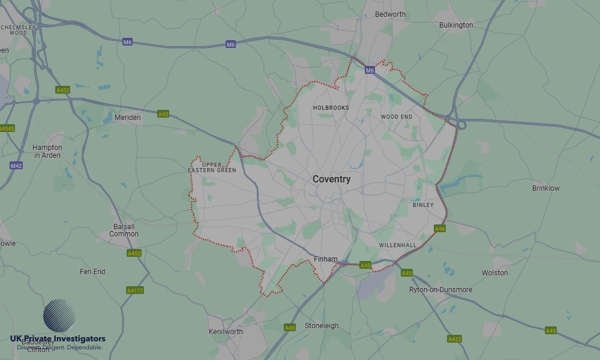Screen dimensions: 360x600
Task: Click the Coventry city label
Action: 331,179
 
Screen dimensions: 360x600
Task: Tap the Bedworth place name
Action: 390,14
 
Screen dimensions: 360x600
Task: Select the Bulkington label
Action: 456,25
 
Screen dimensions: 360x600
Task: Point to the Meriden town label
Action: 127,118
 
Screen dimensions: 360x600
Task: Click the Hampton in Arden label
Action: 47,151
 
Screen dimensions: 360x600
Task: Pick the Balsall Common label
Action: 124,230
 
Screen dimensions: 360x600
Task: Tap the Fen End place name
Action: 92,272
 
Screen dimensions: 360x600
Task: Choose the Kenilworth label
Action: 226,332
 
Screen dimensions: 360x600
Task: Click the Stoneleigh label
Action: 322,326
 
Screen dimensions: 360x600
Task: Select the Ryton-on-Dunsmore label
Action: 440,290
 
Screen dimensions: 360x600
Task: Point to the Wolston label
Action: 494,273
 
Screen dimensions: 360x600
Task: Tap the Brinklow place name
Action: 545,188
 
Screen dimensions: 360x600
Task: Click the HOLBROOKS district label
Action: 331,108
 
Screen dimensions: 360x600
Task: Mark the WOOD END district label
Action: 397,116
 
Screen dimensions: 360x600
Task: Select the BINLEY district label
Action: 423,205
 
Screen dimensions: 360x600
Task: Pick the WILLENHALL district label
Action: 397,245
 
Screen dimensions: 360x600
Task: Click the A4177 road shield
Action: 135,290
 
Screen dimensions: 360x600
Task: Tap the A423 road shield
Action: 454,339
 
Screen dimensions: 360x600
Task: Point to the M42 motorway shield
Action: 16,166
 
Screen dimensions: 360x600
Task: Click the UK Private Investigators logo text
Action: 58,339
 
